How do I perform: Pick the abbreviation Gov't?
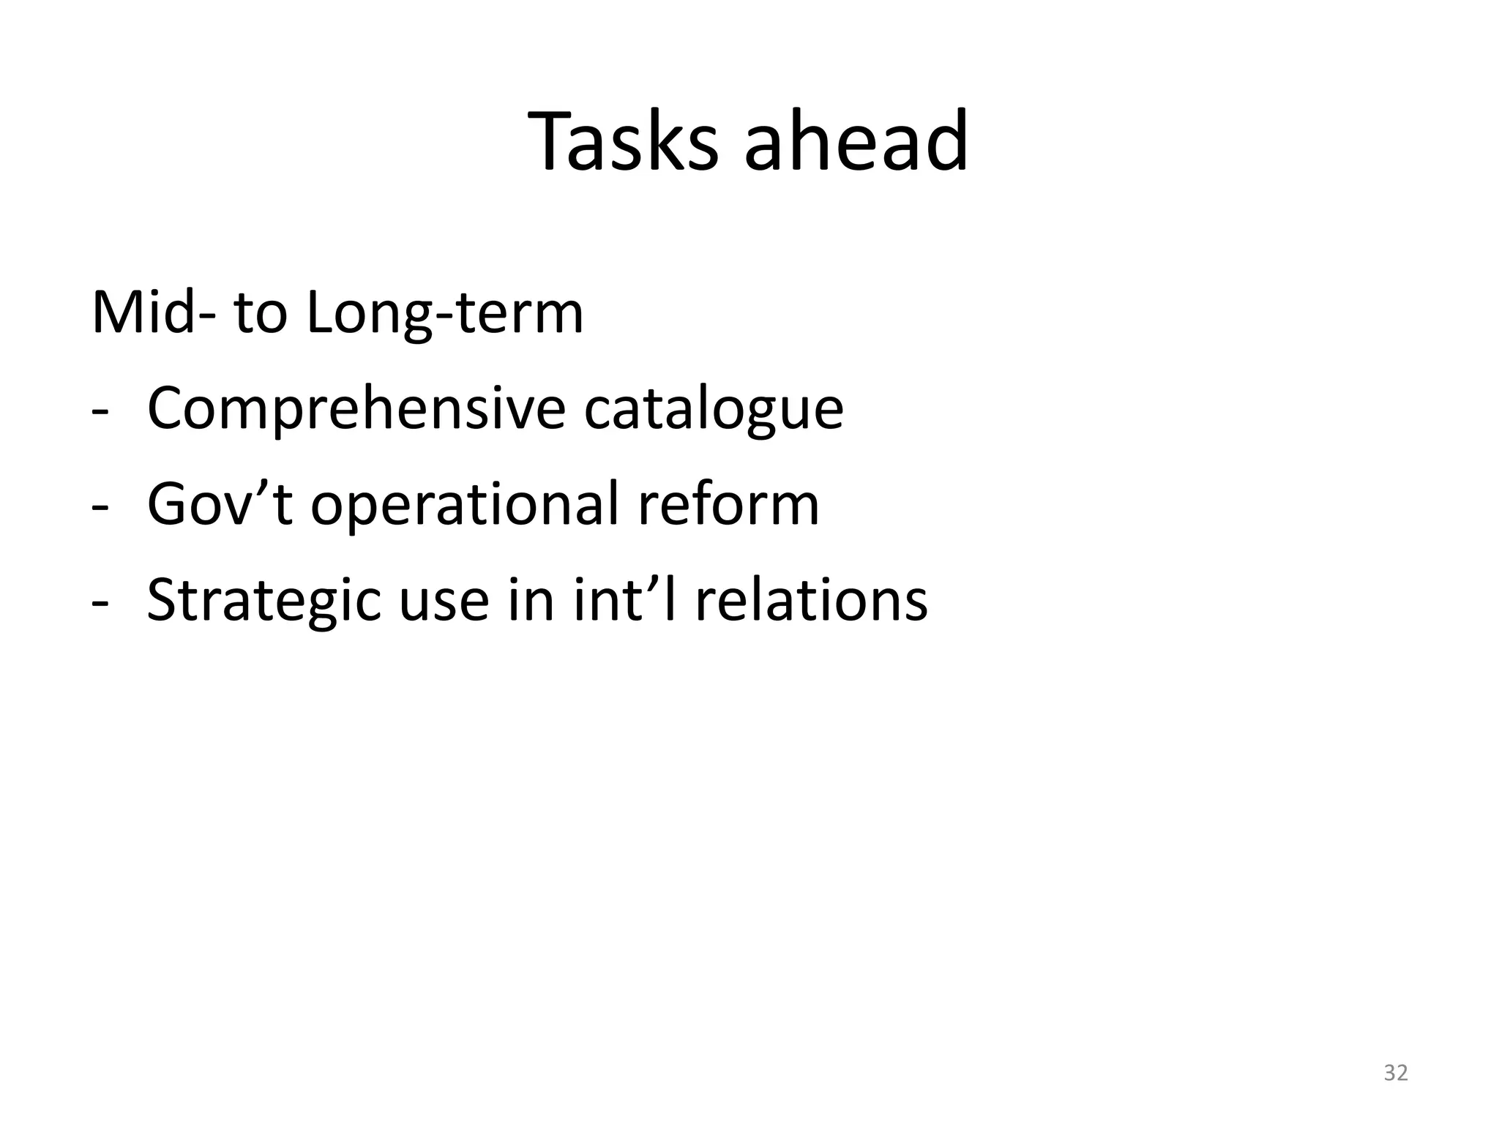220,505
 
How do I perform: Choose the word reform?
728,505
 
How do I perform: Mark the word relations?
811,600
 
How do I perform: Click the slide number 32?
1396,1073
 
